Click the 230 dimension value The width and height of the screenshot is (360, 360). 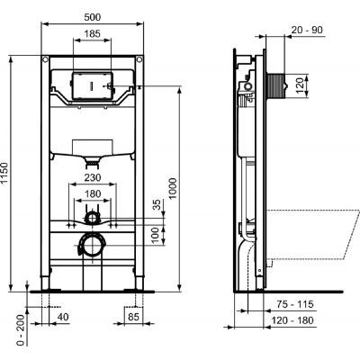[92, 176]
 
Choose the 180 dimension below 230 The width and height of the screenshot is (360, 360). [92, 192]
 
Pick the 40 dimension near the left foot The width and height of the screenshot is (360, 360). [61, 317]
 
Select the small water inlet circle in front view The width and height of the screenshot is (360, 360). [92, 217]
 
